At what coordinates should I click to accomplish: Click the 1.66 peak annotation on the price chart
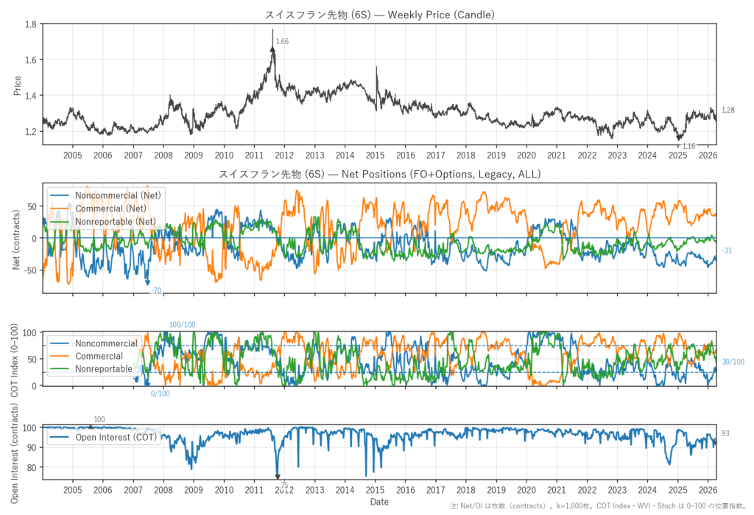(x=282, y=42)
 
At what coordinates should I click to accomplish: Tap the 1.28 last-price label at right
(x=727, y=110)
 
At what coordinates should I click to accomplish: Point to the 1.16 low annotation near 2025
(x=688, y=147)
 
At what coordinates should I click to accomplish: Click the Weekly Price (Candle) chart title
(x=378, y=15)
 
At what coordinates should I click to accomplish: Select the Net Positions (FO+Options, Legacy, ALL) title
(x=379, y=175)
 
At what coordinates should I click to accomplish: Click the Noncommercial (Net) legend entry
(x=118, y=195)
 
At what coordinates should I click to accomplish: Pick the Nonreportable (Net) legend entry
(x=116, y=221)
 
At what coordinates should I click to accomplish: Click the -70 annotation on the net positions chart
(x=156, y=291)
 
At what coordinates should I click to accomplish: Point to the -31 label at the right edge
(x=727, y=251)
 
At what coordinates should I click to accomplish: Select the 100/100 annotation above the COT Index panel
(x=183, y=325)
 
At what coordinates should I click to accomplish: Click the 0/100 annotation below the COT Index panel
(x=161, y=393)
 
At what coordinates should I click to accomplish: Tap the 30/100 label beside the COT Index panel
(x=733, y=362)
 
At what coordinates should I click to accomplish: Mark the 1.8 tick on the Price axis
(x=31, y=24)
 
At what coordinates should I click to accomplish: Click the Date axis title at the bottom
(x=379, y=502)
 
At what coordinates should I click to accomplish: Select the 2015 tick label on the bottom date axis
(x=375, y=489)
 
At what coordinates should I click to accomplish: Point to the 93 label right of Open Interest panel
(x=725, y=434)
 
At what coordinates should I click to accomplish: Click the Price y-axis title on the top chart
(x=16, y=84)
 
